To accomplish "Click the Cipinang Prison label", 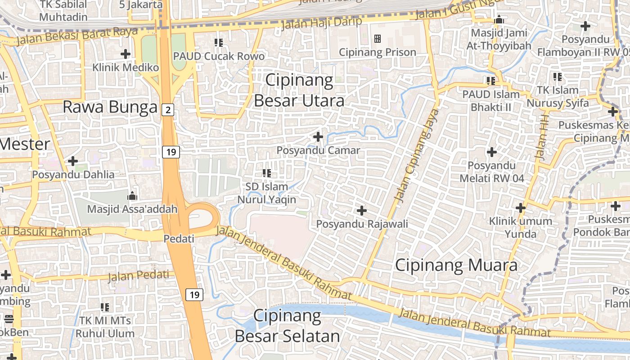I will coord(377,52).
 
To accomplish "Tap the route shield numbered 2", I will coord(167,109).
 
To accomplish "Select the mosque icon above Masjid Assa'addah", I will coord(132,196).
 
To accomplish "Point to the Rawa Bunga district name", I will coord(110,107).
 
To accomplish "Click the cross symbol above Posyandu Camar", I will coord(318,136).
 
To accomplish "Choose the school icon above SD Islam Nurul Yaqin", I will coord(267,173).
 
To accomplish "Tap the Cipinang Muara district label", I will coord(456,265).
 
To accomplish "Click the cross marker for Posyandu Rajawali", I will coord(361,210).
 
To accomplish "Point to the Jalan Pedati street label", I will coord(139,275).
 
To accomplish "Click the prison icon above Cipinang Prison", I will coord(378,39).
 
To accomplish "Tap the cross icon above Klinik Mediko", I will coord(126,54).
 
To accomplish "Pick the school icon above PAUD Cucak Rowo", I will coord(219,43).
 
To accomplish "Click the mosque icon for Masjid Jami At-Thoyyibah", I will coord(499,20).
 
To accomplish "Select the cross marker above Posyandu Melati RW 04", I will coord(492,152).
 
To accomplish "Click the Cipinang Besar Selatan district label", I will coord(287,326).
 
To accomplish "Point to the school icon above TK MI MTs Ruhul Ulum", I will coord(105,307).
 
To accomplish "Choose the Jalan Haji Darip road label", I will coord(321,22).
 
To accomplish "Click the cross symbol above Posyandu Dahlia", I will coord(73,161).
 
